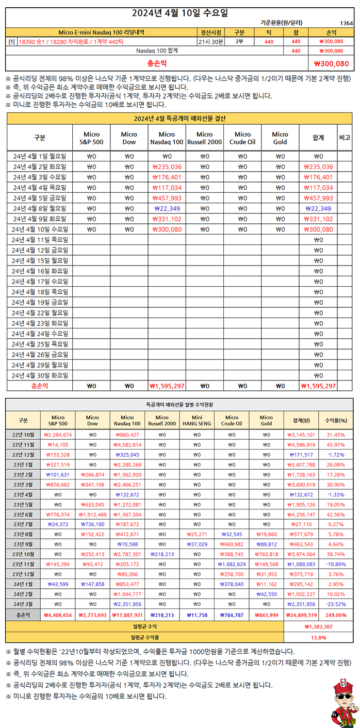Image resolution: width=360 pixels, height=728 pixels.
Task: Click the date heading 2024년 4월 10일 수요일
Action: [x=180, y=12]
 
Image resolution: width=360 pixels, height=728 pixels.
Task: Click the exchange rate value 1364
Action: [x=347, y=23]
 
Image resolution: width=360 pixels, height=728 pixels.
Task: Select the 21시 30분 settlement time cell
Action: [x=211, y=41]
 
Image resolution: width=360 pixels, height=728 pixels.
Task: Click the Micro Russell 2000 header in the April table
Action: [x=204, y=138]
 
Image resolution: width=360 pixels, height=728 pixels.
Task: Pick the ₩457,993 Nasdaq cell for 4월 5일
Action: [x=167, y=198]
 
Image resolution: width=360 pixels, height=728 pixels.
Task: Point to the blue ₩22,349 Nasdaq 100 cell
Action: [x=167, y=208]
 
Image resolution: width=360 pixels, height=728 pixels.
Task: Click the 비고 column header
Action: [x=345, y=138]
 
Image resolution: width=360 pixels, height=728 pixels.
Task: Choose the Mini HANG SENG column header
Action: [x=197, y=420]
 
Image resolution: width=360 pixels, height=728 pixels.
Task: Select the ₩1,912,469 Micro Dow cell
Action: [x=92, y=514]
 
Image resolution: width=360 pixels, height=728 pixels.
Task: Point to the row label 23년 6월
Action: [x=23, y=514]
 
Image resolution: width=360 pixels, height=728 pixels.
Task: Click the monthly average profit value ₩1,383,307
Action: [x=319, y=626]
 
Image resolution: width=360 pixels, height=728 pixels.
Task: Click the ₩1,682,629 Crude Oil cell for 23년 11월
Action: [x=231, y=564]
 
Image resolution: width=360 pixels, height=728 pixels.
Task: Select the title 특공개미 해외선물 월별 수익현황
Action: [x=179, y=405]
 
